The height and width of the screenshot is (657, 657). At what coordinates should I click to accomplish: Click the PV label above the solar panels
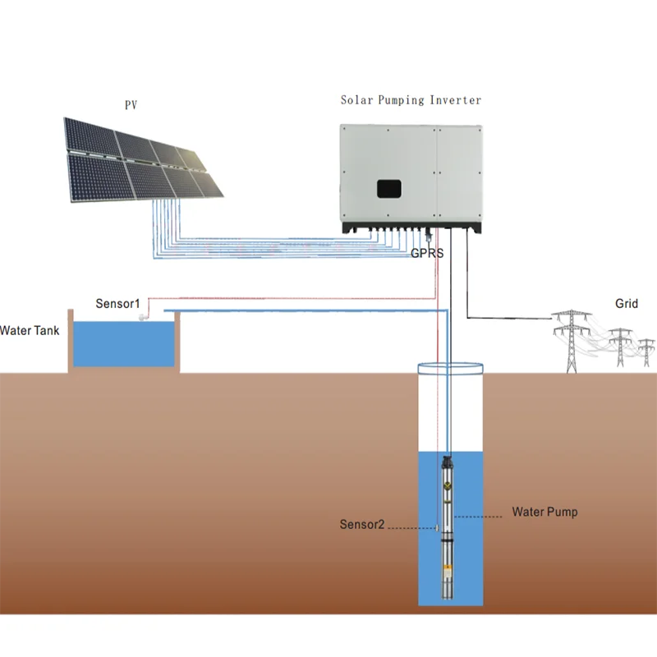coord(131,105)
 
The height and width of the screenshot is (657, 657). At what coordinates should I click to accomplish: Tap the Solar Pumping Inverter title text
coord(411,100)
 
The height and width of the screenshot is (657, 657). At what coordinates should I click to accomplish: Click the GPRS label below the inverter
coord(427,254)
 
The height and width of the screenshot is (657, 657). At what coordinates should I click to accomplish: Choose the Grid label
coord(626,304)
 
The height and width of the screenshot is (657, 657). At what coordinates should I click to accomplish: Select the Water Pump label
coord(544,512)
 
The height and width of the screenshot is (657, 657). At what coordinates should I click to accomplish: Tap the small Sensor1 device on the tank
coord(142,318)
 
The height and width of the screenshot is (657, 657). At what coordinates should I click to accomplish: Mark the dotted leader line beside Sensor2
coord(411,527)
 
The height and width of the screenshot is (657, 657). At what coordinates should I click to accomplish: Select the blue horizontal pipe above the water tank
coord(304,310)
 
